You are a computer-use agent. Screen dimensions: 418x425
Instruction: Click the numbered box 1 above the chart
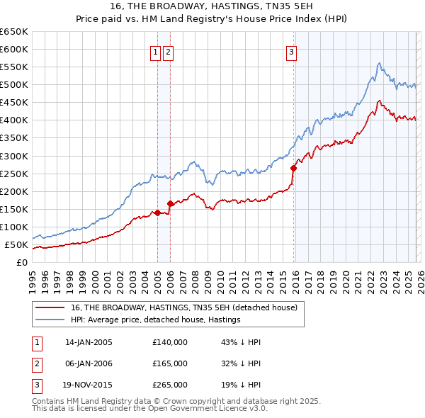click(154, 51)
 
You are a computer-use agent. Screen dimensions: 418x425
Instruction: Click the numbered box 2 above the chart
click(167, 51)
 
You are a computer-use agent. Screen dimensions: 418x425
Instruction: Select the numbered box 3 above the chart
click(291, 51)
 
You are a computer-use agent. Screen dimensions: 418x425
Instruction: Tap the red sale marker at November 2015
click(293, 168)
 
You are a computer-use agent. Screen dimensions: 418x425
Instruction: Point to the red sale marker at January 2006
click(170, 203)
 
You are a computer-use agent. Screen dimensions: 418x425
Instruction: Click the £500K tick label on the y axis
click(14, 85)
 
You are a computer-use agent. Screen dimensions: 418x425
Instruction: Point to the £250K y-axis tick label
click(14, 174)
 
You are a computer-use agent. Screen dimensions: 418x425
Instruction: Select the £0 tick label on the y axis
click(22, 263)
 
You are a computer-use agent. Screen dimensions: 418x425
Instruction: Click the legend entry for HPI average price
click(155, 320)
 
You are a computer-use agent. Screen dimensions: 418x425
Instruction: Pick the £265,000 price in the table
click(170, 387)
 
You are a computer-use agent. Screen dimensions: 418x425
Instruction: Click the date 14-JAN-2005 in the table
click(89, 342)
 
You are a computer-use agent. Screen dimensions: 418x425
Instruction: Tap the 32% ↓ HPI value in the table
click(241, 364)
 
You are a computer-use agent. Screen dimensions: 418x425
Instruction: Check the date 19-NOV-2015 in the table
click(89, 387)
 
